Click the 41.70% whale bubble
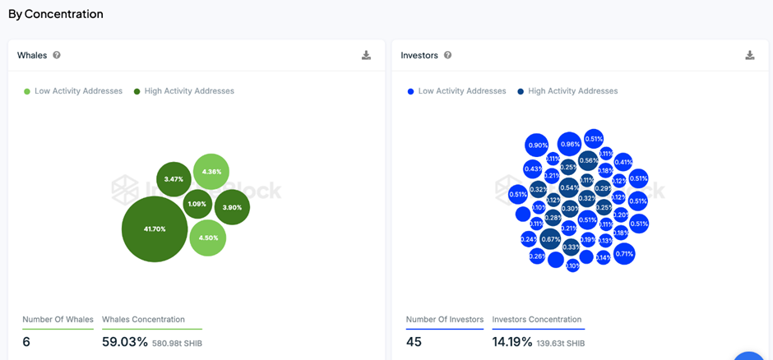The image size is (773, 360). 155,228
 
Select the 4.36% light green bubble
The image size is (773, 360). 211,172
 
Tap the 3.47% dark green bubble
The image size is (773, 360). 174,179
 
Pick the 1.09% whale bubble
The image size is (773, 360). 197,204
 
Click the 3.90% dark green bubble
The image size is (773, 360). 232,207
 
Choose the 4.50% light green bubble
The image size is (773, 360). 207,238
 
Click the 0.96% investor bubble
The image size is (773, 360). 569,145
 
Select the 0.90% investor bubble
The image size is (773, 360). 537,145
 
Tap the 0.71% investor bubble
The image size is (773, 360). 624,254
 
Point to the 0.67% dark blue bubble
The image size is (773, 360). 551,239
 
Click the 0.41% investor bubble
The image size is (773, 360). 623,162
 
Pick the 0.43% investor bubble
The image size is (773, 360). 533,169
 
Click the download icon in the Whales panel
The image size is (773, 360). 366,55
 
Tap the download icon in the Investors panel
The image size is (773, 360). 750,55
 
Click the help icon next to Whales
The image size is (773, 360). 57,55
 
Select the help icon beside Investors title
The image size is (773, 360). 447,55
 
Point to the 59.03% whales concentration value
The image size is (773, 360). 125,341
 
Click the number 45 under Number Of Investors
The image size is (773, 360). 414,341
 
